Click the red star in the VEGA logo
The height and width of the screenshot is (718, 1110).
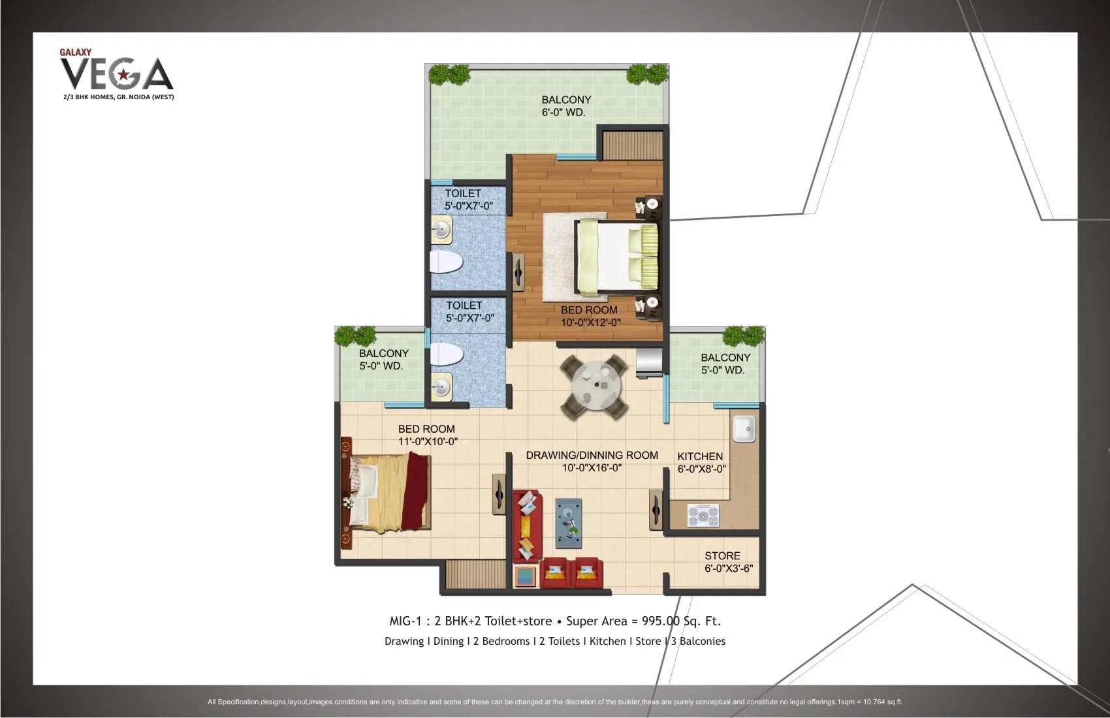[x=123, y=75]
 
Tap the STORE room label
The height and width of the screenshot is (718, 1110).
[x=723, y=556]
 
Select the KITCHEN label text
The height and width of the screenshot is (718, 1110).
[x=700, y=456]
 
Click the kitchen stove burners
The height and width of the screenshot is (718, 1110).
[x=703, y=516]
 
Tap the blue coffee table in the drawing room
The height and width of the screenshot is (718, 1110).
[x=568, y=523]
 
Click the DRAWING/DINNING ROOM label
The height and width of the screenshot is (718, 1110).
[x=592, y=456]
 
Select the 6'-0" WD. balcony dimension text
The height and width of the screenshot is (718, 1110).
[x=563, y=112]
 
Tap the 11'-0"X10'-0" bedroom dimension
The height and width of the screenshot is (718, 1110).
[x=428, y=441]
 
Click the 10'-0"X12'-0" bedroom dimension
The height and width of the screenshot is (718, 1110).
[x=591, y=322]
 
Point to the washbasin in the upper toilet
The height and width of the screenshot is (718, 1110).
[x=441, y=229]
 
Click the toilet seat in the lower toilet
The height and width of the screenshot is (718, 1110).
[x=446, y=354]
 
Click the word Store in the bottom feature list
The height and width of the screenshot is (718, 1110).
[x=648, y=641]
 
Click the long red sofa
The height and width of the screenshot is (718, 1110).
[x=528, y=525]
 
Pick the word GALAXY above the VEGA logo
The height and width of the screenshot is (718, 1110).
[x=75, y=52]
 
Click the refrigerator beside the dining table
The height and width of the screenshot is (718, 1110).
[x=648, y=363]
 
